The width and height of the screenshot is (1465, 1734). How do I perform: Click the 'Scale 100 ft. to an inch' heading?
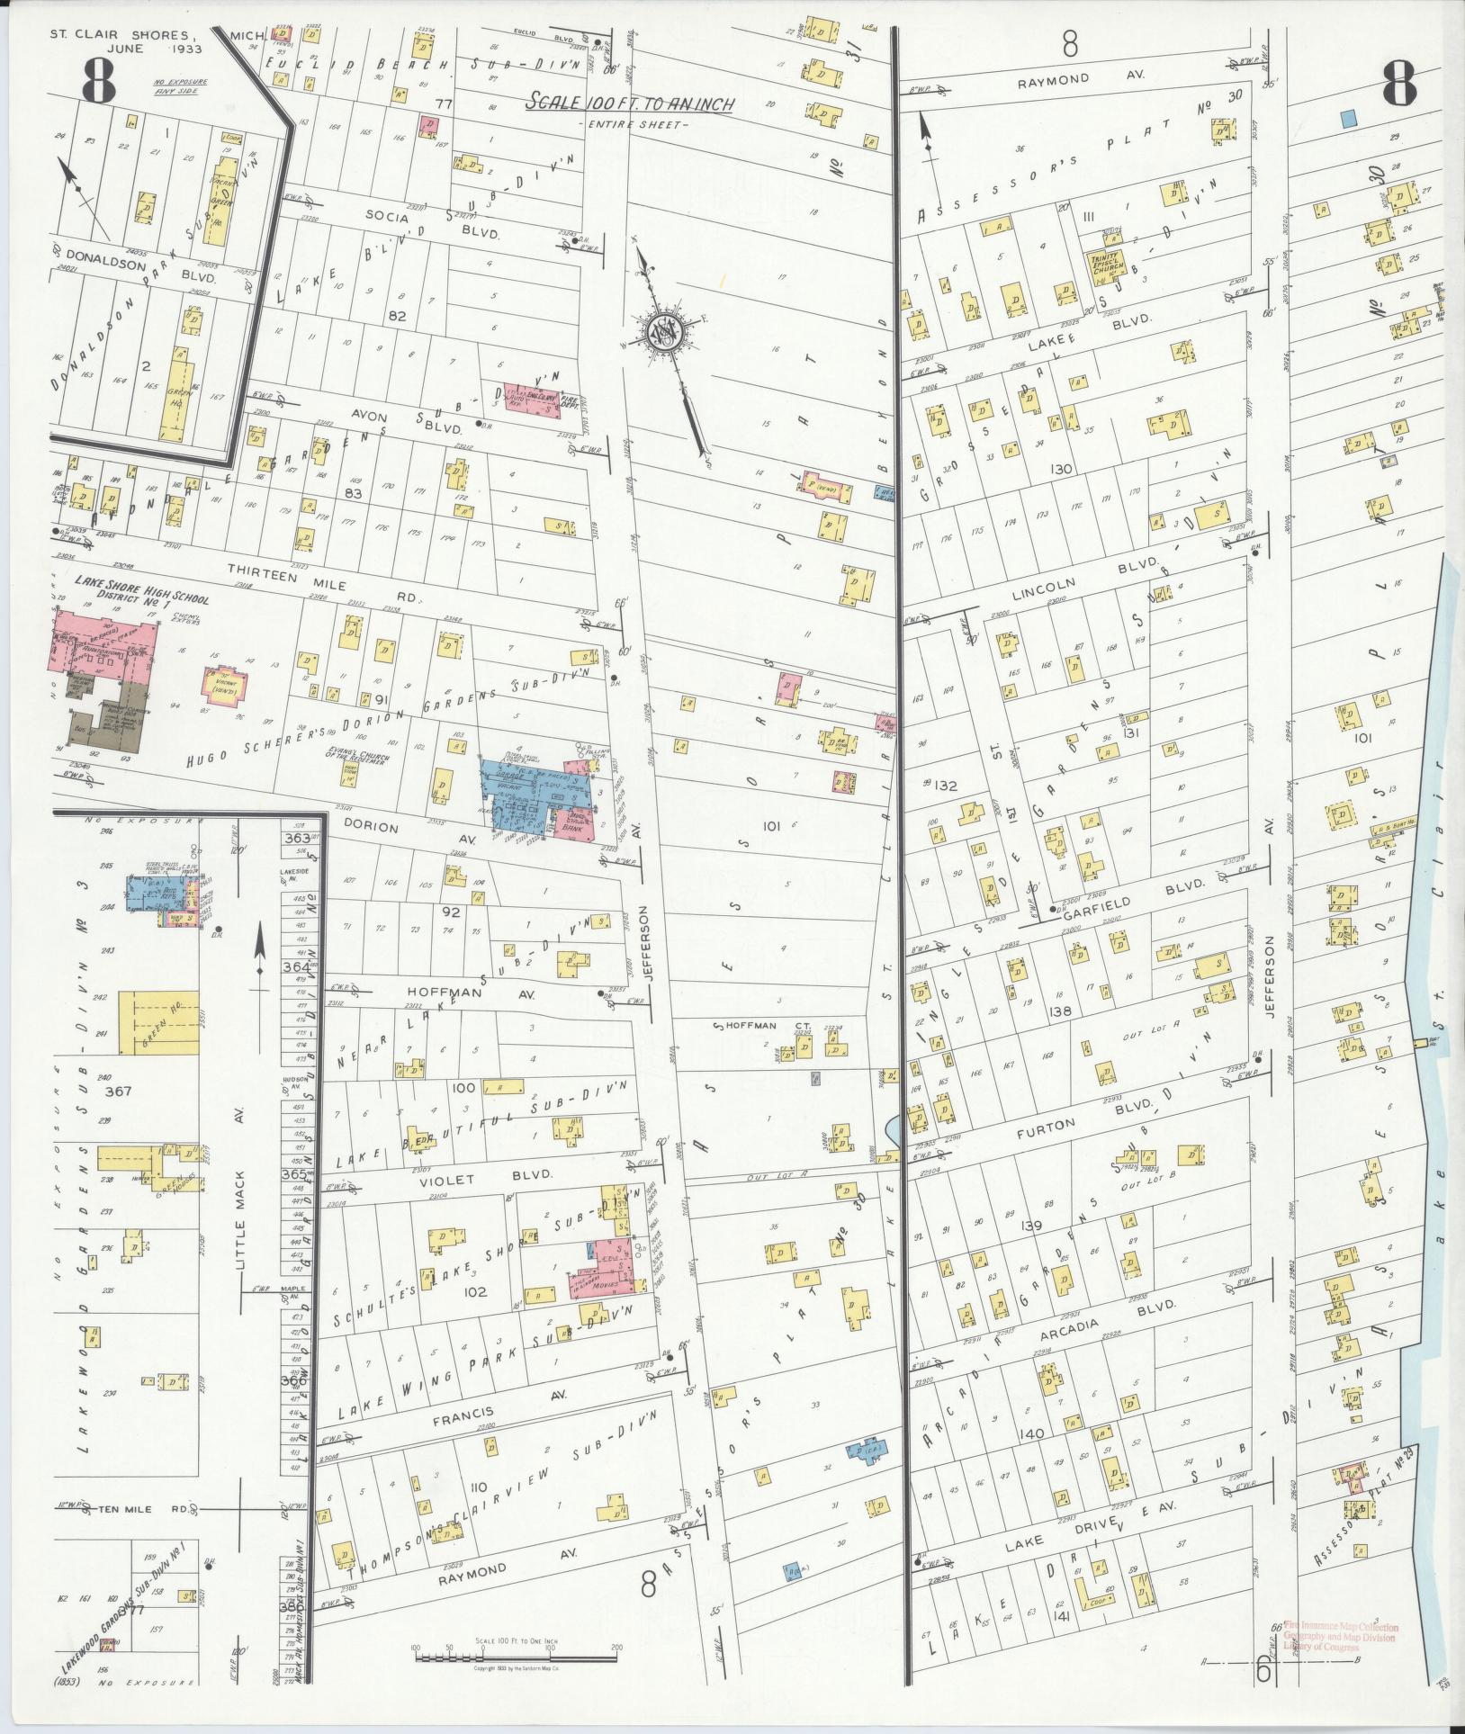[631, 103]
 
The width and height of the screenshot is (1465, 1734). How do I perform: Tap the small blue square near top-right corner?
[1348, 118]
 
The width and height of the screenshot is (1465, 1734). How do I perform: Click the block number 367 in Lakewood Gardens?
[118, 1092]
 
